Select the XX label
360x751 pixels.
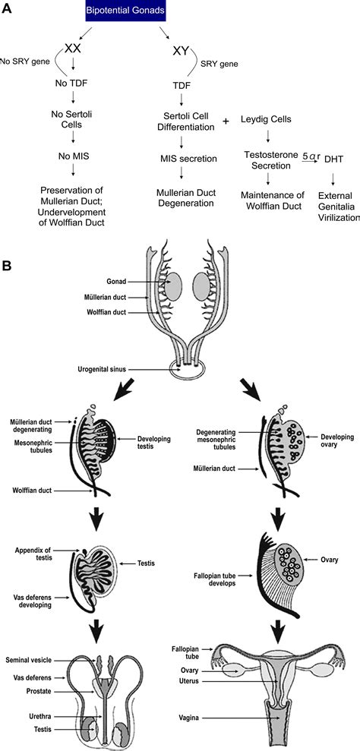(74, 48)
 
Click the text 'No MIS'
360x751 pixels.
(73, 161)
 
